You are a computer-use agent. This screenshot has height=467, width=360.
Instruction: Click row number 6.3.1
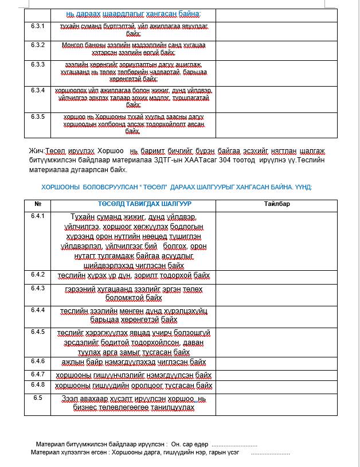tap(38, 26)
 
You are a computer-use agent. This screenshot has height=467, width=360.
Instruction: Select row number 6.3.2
tap(38, 44)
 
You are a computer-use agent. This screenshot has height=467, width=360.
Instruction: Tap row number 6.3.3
tap(38, 64)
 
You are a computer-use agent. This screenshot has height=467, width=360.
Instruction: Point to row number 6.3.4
tap(38, 90)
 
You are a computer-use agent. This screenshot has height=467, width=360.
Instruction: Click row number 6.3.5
tap(38, 116)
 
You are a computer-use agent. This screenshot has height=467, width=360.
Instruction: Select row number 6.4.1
tap(38, 216)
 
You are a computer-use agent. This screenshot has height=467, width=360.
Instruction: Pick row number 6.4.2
tap(38, 274)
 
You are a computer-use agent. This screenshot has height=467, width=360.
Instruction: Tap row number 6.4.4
tap(38, 310)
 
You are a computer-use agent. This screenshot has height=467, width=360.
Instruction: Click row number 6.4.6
tap(38, 361)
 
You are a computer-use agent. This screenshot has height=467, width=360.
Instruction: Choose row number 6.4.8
tap(38, 384)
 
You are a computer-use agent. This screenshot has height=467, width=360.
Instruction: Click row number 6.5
tap(38, 397)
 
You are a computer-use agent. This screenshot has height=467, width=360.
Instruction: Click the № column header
tap(38, 204)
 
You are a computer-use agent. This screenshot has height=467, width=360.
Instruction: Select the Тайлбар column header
tap(277, 204)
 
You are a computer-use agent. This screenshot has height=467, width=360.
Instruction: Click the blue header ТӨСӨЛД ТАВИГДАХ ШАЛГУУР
tap(136, 204)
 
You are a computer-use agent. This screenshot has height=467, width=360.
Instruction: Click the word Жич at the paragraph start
tap(36, 151)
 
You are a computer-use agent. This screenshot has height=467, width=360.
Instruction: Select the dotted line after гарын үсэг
tap(270, 453)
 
